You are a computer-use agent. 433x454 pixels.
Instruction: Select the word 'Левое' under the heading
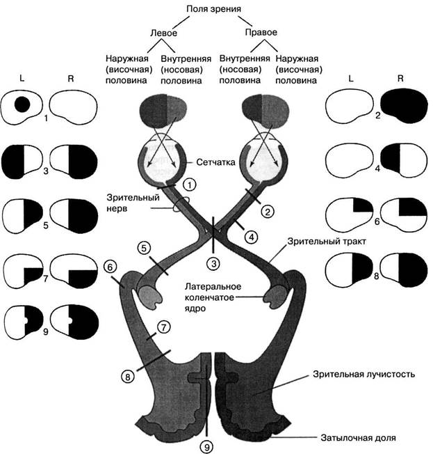(x=164, y=33)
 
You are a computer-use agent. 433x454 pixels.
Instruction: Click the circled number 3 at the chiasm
(x=214, y=263)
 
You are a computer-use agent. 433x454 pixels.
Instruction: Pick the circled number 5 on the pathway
(x=144, y=247)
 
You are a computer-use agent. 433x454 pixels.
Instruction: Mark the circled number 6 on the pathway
(x=109, y=266)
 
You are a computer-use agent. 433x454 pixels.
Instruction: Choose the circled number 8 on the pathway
(x=127, y=377)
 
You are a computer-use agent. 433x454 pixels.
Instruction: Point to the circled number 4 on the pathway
(x=252, y=236)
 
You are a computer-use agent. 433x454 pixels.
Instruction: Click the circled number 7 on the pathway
(x=163, y=326)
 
